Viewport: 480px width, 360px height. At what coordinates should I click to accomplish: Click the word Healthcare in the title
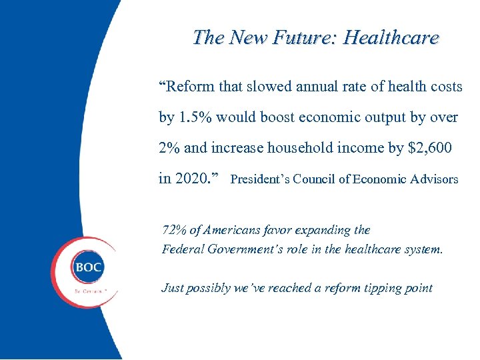391,38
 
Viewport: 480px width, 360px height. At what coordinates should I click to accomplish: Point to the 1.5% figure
196,117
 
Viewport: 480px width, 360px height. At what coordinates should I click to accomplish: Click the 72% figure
175,230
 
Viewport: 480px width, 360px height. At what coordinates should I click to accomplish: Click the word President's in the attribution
260,179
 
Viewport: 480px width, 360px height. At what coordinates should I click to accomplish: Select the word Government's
254,250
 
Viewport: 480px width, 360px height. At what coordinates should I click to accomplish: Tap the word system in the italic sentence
423,250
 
